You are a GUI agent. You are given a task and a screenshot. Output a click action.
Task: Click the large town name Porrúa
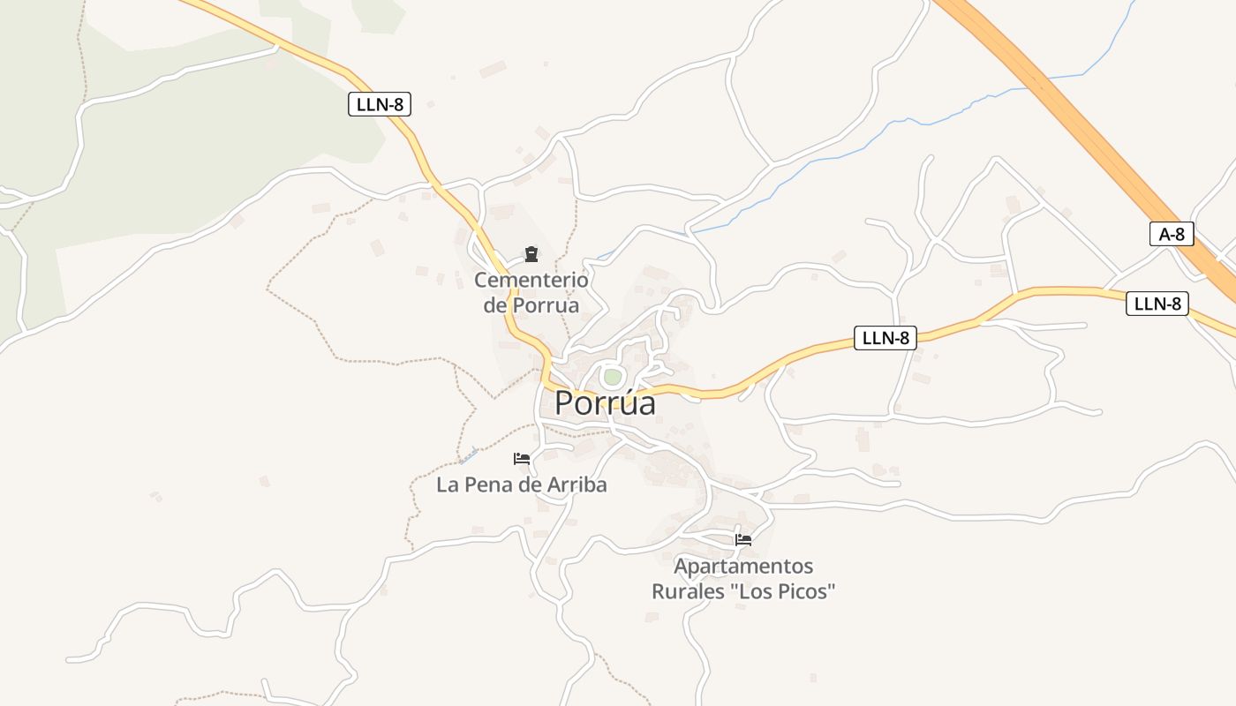(606, 402)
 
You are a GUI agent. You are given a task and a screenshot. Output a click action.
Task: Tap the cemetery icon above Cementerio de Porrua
(531, 255)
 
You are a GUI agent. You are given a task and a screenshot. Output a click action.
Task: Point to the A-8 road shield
(1172, 234)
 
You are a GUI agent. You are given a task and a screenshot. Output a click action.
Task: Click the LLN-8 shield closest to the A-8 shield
(1157, 304)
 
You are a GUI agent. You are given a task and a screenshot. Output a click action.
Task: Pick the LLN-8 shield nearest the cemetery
(380, 104)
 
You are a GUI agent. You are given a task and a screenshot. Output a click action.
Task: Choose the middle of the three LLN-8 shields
(885, 337)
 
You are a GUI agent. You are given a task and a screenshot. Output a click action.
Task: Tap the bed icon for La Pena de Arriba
(522, 459)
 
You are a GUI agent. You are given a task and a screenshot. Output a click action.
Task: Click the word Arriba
(577, 484)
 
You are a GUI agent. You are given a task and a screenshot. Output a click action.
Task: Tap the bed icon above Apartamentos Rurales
(743, 540)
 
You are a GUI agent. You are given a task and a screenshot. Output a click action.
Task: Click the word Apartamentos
(743, 566)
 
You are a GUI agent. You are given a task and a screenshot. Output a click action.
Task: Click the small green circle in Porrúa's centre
(612, 377)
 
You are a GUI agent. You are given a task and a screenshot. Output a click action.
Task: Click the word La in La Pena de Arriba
(447, 484)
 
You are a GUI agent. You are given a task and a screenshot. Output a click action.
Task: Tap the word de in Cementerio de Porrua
(496, 305)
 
